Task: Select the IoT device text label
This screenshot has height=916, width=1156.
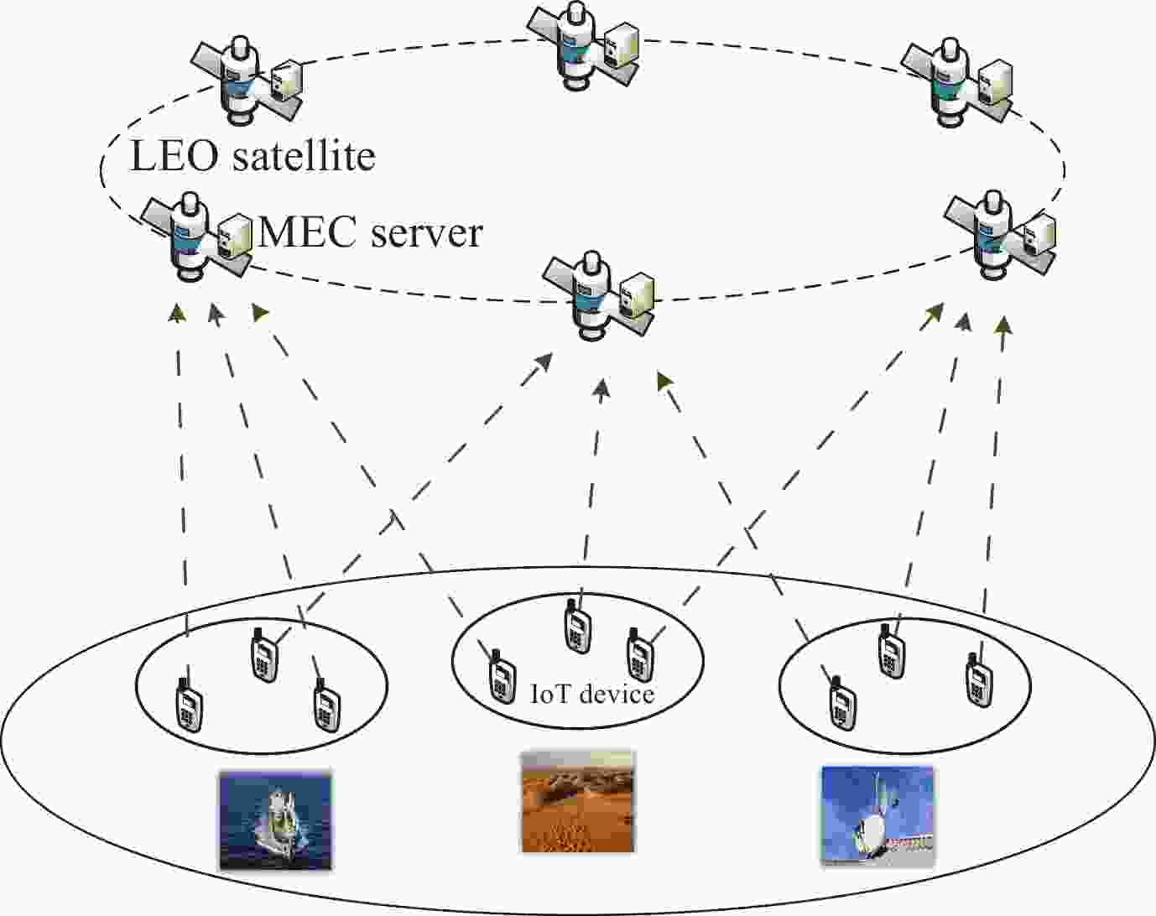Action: tap(592, 694)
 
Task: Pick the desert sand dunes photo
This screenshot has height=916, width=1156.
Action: tap(578, 802)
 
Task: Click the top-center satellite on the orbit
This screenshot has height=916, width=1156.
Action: tap(579, 44)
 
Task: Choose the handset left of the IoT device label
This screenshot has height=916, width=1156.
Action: tap(502, 675)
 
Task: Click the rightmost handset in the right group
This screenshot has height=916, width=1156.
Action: tap(977, 676)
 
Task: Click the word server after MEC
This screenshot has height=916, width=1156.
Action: tap(427, 232)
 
